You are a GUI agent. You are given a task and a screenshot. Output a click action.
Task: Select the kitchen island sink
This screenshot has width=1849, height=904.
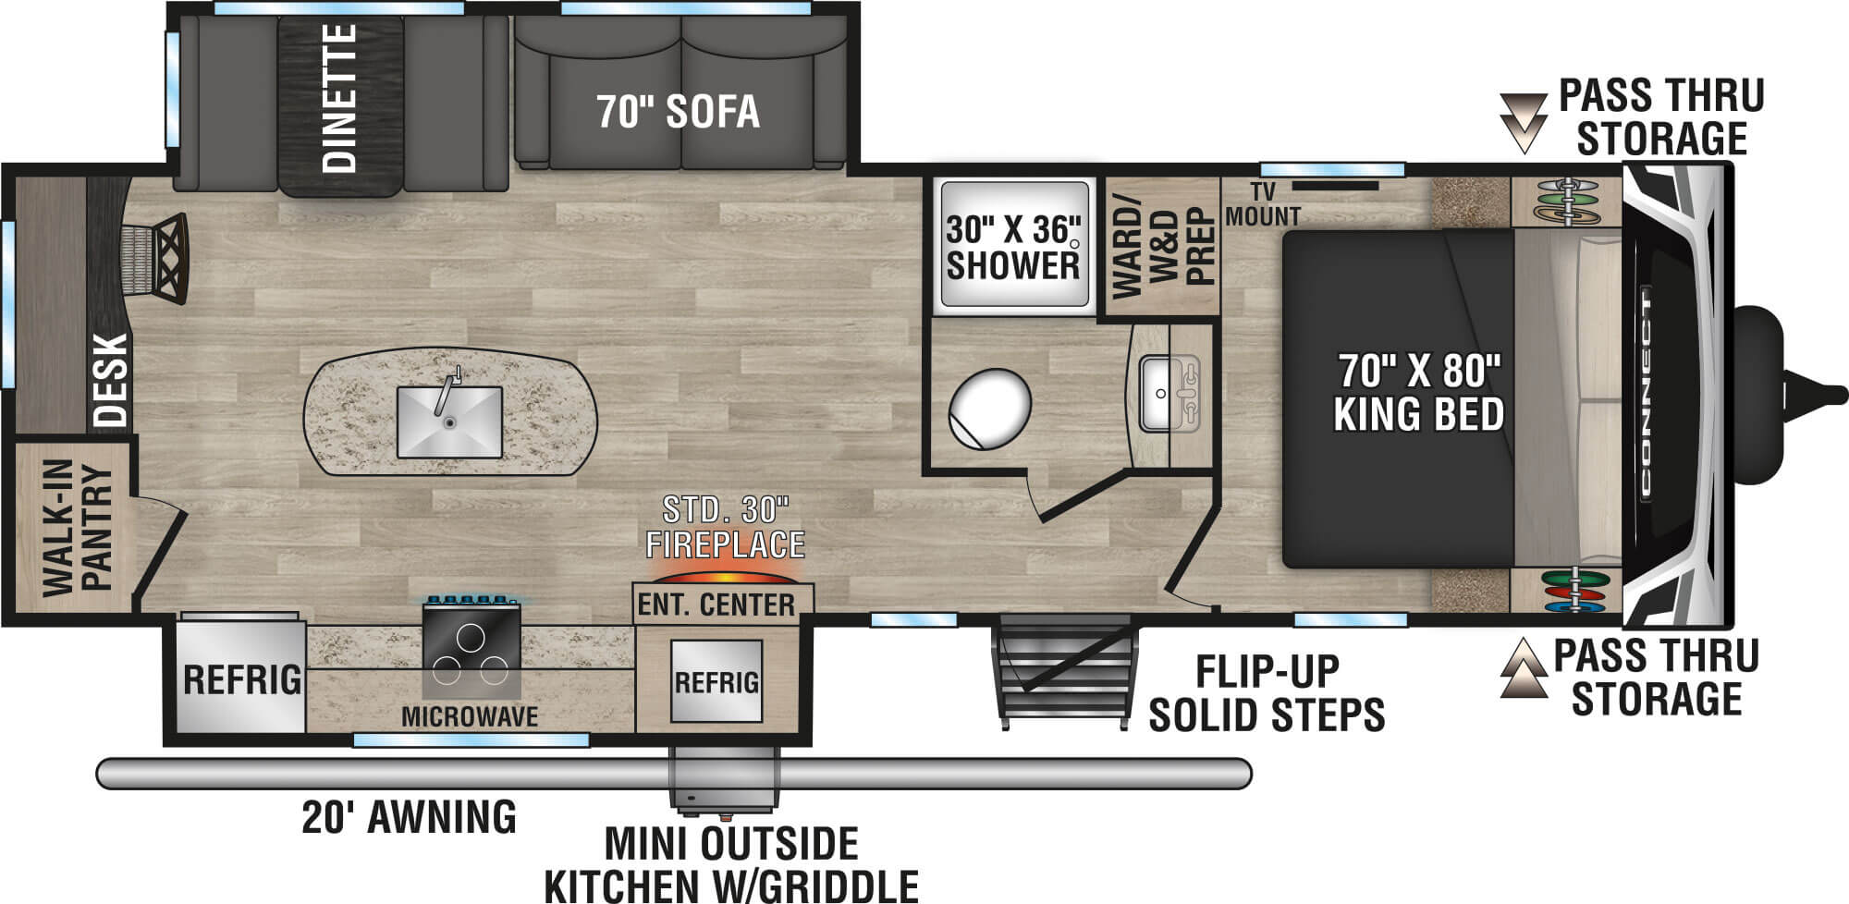(x=449, y=421)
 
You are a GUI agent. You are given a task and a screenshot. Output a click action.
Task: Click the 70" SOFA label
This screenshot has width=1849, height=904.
(x=679, y=112)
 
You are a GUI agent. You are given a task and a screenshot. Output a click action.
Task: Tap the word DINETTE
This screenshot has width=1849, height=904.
(x=340, y=99)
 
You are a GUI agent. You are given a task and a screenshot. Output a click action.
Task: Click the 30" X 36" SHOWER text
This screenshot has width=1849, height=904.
(x=1013, y=248)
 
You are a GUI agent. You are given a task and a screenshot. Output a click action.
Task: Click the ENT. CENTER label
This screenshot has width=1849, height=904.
(x=716, y=605)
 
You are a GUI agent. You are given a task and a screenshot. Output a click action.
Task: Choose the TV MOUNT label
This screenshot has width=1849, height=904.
(x=1263, y=204)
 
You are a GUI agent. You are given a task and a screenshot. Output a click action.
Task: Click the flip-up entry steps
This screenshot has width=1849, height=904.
(x=1063, y=673)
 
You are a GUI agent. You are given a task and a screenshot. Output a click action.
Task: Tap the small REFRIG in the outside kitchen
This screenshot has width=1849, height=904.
(x=716, y=682)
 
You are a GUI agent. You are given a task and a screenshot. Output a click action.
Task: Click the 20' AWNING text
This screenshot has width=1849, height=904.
(x=410, y=817)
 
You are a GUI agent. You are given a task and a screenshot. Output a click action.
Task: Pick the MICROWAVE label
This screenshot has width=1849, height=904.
(x=470, y=715)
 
